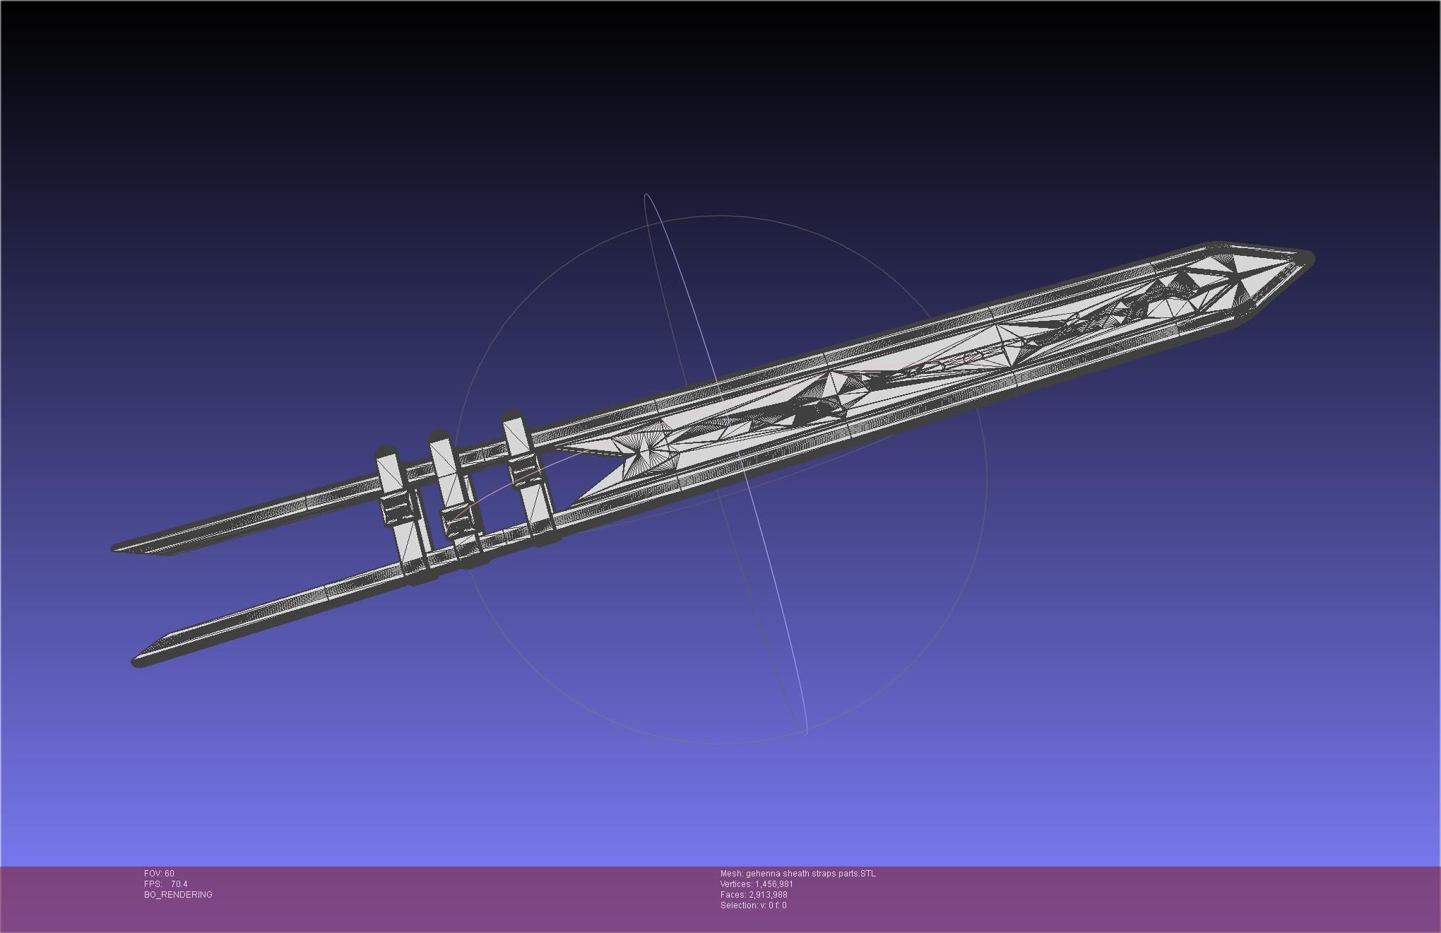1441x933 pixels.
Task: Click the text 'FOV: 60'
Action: [159, 874]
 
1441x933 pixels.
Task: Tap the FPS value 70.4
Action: [179, 884]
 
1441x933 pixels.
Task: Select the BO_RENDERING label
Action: [178, 895]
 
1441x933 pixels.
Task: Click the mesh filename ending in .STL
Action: [797, 874]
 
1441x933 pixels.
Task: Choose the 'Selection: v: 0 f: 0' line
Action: [753, 905]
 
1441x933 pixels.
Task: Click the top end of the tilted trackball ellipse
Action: [647, 196]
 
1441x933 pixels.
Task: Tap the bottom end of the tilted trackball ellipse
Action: [805, 732]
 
